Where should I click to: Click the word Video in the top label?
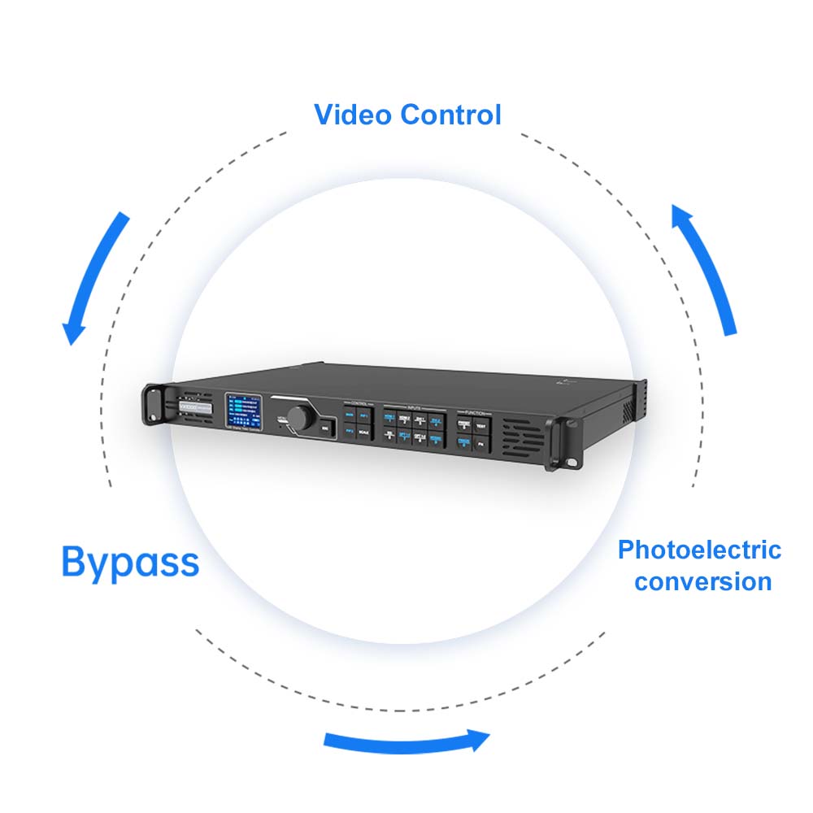353,115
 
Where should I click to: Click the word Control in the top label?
451,115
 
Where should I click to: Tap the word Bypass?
130,562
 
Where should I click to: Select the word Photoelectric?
699,550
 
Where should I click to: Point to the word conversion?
703,582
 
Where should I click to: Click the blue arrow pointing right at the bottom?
406,740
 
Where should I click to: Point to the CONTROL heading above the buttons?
359,402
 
